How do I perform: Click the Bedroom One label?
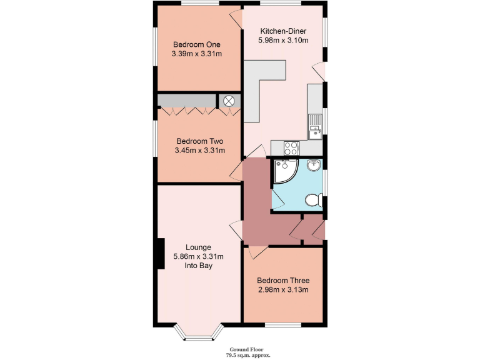pyautogui.click(x=197, y=44)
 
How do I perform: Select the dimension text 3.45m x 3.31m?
pyautogui.click(x=199, y=151)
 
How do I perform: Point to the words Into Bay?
pyautogui.click(x=198, y=266)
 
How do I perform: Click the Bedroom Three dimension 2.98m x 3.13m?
pyautogui.click(x=283, y=290)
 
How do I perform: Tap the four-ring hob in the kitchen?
pyautogui.click(x=292, y=148)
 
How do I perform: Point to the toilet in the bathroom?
pyautogui.click(x=314, y=200)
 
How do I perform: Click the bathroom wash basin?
pyautogui.click(x=315, y=166)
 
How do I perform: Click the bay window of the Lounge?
pyautogui.click(x=197, y=334)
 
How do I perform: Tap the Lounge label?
pyautogui.click(x=198, y=247)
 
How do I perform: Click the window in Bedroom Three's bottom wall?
pyautogui.click(x=283, y=325)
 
